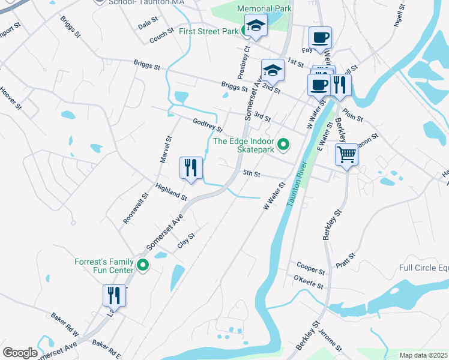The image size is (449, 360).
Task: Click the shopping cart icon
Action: [x=347, y=155]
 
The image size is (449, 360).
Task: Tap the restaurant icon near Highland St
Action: [x=191, y=167]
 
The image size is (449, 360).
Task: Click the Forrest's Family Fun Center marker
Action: [x=143, y=265]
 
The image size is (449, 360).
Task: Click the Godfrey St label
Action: [x=208, y=125]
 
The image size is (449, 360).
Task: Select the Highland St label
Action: [x=171, y=192]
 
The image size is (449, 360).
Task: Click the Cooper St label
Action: [x=310, y=266]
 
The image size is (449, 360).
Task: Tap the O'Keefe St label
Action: [x=309, y=281]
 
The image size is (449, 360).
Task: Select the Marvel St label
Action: [x=166, y=149]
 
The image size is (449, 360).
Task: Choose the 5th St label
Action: [x=251, y=174]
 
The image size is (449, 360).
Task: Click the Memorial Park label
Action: [x=264, y=8]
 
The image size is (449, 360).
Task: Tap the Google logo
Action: [x=20, y=353]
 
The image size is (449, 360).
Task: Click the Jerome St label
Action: [x=331, y=340]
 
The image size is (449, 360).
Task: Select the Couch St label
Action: [x=161, y=37]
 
